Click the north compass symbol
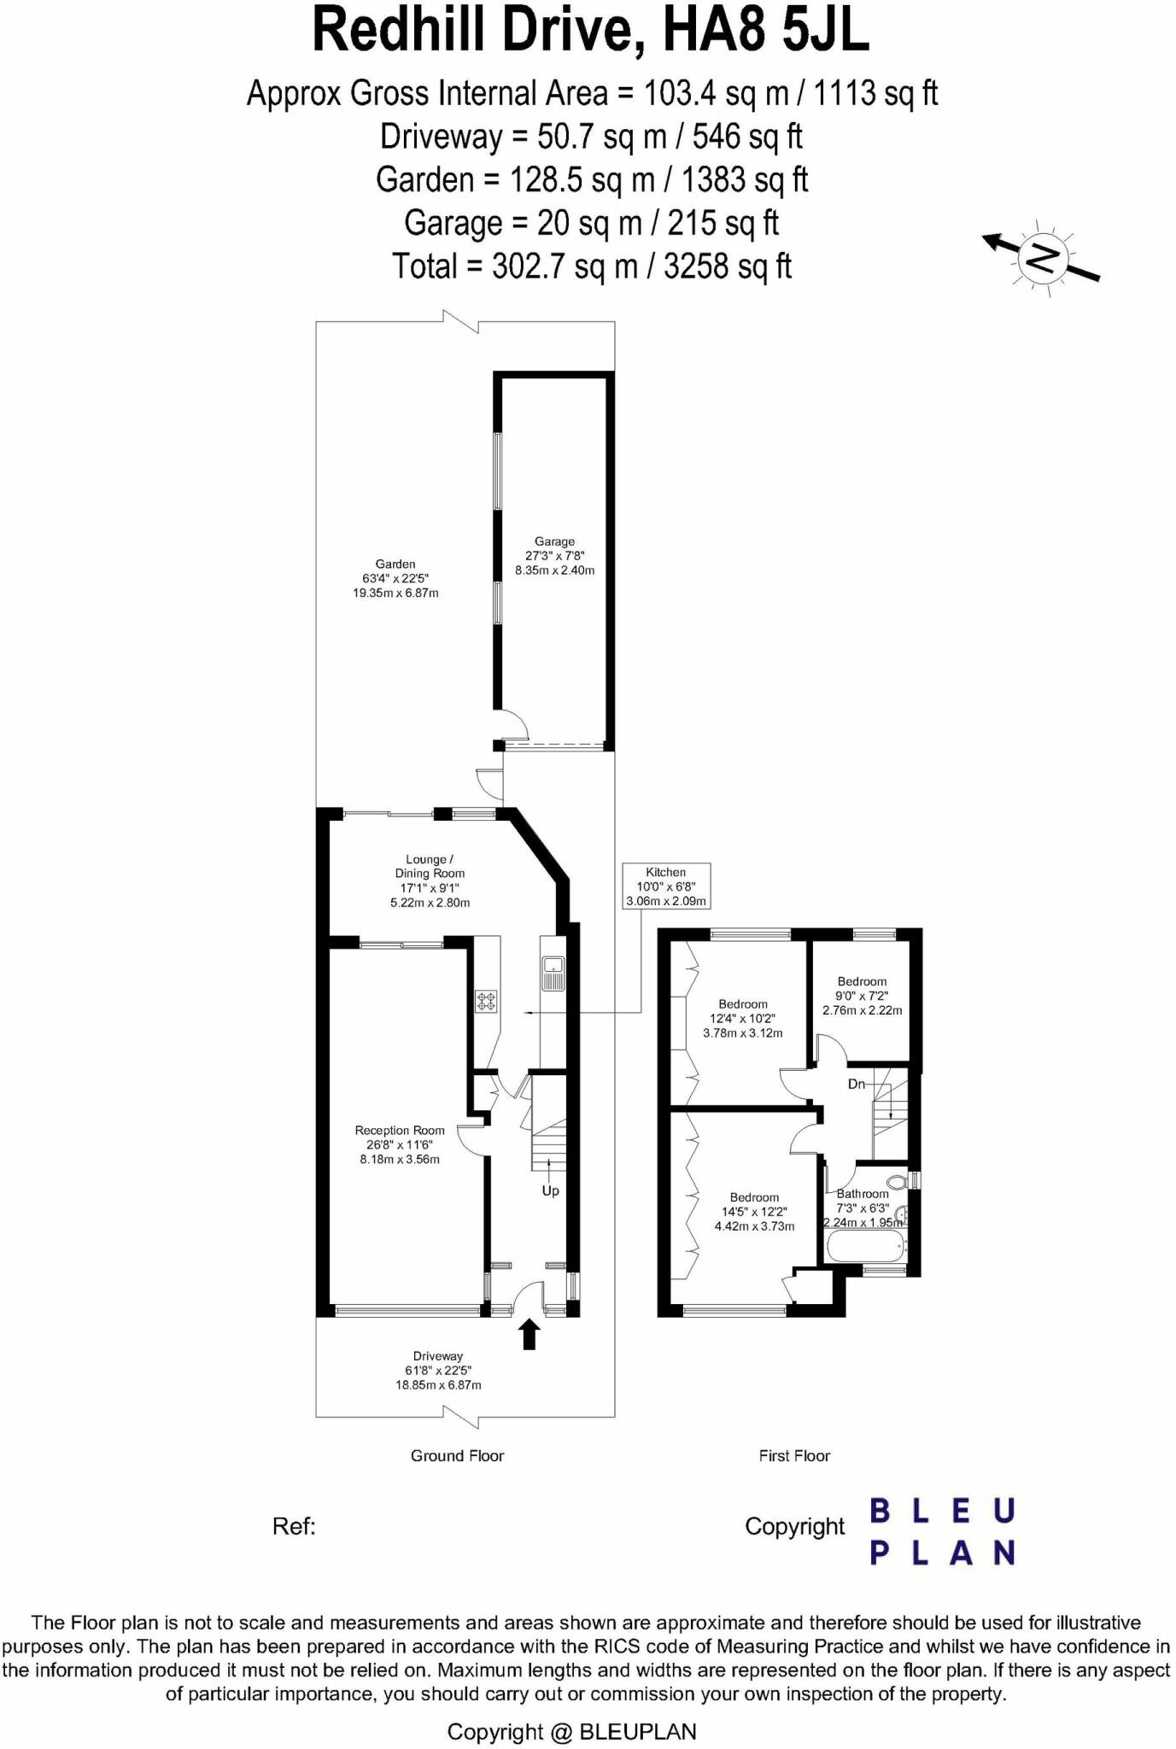(x=1043, y=257)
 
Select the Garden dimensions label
(x=395, y=578)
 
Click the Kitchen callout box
(x=665, y=886)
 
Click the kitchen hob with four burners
(x=487, y=1002)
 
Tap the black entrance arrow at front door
(x=529, y=1334)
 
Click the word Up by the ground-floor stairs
(x=550, y=1190)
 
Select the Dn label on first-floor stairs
(x=857, y=1085)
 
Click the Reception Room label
(x=400, y=1131)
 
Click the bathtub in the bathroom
(x=865, y=1245)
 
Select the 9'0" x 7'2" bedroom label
(x=862, y=996)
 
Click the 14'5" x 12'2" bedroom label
(x=754, y=1212)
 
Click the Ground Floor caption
(x=457, y=1456)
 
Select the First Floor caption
(x=794, y=1456)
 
